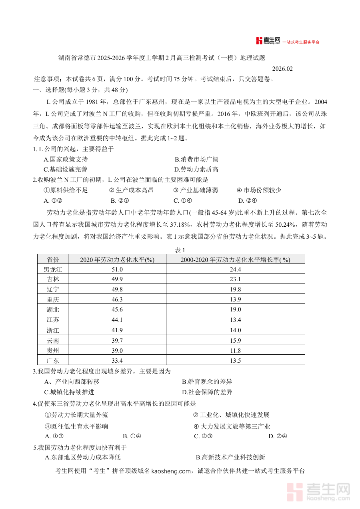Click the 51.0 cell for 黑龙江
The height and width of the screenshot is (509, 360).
[117, 269]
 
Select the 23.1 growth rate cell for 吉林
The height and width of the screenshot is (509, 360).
[235, 279]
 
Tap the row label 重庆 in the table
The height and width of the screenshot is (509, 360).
[53, 299]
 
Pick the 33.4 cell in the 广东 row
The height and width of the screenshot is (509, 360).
[117, 361]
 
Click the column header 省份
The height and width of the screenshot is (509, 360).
[53, 259]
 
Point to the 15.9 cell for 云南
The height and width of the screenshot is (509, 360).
[235, 341]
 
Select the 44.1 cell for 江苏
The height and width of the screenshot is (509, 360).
[117, 320]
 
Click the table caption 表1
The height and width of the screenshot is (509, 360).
[180, 250]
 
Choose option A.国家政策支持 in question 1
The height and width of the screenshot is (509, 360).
[66, 160]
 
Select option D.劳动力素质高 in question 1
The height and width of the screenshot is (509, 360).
[196, 170]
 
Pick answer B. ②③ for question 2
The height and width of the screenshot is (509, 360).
[119, 201]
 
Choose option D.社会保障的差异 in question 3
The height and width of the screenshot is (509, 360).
[207, 392]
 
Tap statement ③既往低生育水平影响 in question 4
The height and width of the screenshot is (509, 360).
[76, 427]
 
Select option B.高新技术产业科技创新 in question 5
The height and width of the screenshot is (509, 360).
[230, 457]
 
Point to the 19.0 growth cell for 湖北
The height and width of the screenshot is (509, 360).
[235, 310]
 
